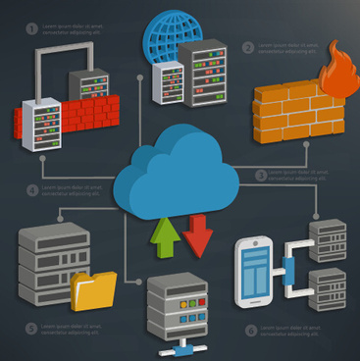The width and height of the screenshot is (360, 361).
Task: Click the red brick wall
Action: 69,120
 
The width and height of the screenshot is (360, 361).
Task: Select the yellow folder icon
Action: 93,290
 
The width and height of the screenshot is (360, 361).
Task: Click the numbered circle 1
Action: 29,27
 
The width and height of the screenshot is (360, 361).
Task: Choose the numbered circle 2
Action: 248,46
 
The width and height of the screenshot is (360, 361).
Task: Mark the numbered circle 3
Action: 262,175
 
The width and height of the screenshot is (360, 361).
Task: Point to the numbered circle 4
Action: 32,189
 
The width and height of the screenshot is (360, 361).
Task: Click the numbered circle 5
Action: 31,327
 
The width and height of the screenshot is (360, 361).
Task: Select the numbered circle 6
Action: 249,331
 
